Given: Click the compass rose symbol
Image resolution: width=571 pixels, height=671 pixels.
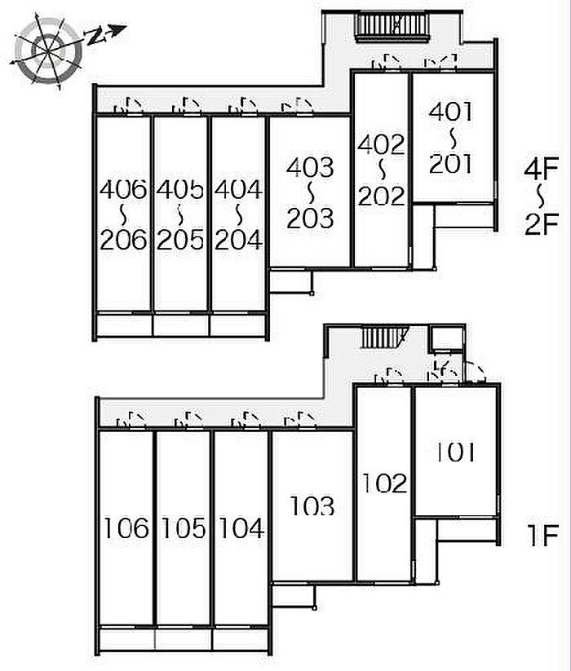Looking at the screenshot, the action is click(47, 51).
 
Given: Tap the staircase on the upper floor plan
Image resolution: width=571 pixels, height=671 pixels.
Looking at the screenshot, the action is click(392, 27).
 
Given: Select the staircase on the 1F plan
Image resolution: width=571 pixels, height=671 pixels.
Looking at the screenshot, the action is click(383, 338).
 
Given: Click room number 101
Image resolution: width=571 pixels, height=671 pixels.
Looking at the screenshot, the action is click(455, 452).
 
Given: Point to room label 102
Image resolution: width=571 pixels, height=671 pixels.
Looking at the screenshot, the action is click(384, 483).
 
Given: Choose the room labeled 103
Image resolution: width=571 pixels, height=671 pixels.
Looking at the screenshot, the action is click(312, 505).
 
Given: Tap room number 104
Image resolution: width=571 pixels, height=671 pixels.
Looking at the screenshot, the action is click(241, 528).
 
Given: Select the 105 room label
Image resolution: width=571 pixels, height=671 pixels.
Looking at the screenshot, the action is click(184, 528).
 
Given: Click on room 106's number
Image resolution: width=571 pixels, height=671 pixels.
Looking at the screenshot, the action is click(126, 528).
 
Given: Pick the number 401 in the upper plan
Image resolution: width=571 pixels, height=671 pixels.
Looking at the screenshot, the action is click(451, 112).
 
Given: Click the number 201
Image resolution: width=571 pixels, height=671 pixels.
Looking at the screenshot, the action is click(451, 164).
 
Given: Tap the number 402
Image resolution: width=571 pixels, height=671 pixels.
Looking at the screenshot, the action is click(381, 144).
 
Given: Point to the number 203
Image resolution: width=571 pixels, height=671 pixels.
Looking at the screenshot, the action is click(310, 219).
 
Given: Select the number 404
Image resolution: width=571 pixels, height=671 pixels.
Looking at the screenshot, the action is click(238, 190).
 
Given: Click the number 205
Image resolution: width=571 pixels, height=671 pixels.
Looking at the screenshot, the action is click(180, 240).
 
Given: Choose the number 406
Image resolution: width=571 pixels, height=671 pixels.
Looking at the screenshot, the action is click(123, 190).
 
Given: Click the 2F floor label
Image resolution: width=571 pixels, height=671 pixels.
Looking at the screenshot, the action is click(542, 224).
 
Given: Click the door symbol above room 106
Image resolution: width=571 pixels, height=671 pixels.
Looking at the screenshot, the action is click(131, 419).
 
